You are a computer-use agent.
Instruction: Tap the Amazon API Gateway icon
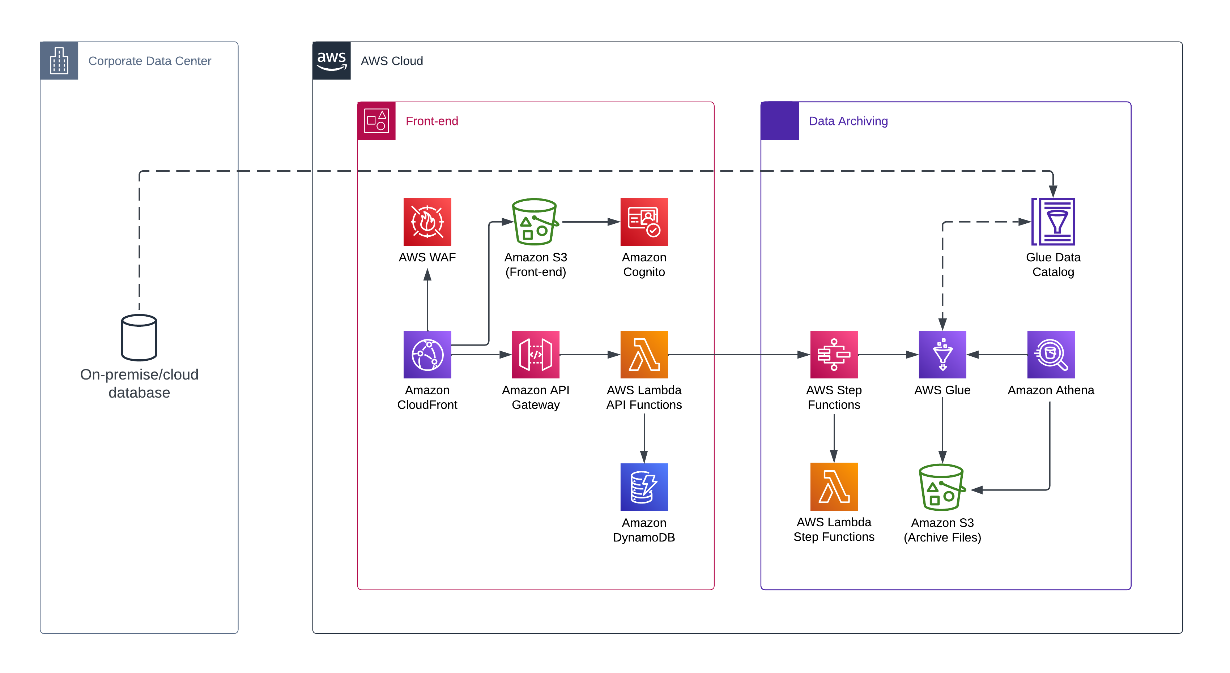(x=535, y=354)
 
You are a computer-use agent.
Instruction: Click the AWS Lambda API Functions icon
(x=644, y=354)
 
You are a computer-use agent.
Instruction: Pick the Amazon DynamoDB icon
(x=644, y=487)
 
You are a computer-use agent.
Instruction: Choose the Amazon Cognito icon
(x=644, y=222)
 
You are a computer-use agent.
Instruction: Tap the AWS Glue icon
(x=942, y=354)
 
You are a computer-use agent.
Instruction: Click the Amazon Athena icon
(x=1051, y=354)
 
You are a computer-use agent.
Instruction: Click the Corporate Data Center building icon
(x=59, y=61)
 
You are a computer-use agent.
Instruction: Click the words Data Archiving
(x=848, y=121)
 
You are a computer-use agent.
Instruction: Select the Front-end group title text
(x=432, y=121)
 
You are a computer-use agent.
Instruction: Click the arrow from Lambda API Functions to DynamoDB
(x=644, y=437)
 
